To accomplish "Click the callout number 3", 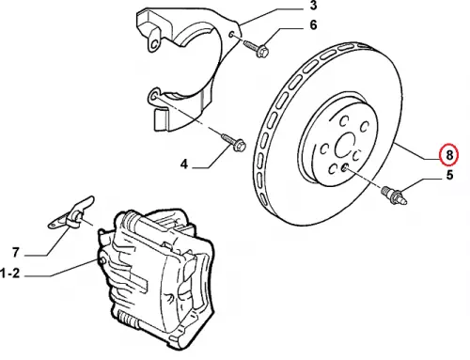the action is (313, 6).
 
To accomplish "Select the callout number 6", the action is (313, 24).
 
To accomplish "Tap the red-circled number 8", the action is (449, 154).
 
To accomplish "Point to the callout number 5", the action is (449, 175).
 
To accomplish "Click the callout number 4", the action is (184, 164).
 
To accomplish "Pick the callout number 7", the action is (16, 253).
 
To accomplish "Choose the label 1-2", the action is (10, 274).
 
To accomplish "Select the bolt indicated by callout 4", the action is (233, 141).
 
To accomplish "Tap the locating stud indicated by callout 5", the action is (394, 195).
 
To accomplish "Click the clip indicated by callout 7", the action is (71, 214).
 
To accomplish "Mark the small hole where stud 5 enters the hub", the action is (344, 168).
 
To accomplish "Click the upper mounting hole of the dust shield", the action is (231, 34).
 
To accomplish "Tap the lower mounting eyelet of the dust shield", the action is (153, 97).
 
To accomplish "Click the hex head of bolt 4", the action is (241, 146).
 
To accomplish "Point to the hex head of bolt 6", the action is (262, 52).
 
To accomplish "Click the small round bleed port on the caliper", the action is (102, 261).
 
